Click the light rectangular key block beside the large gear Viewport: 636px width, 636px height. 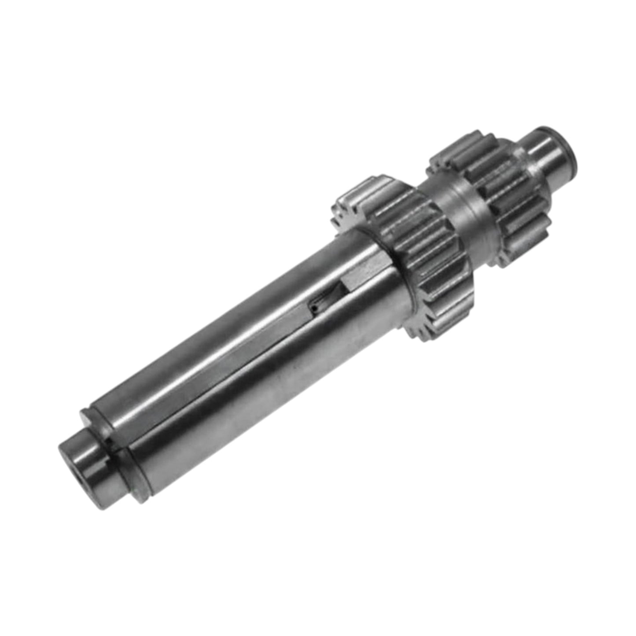(x=361, y=277)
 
